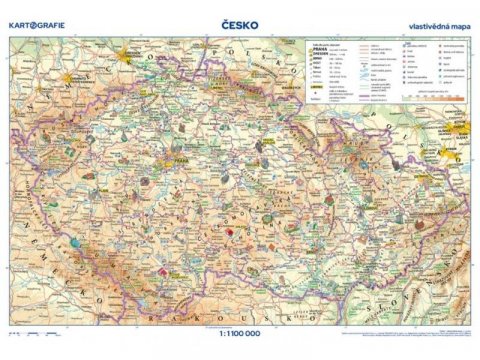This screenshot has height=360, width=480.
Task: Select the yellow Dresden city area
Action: [125, 59]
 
